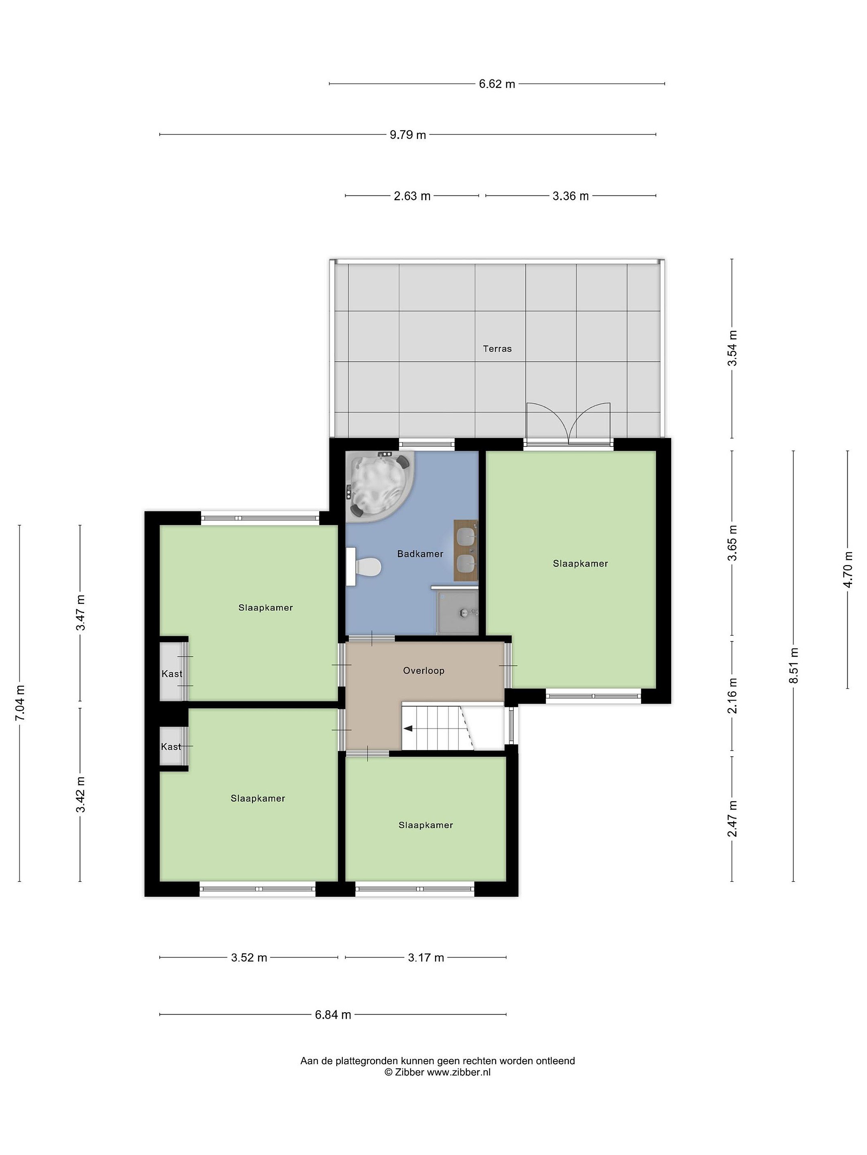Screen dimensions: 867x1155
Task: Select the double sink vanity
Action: (x=466, y=550)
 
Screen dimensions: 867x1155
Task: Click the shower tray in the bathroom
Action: (x=458, y=612)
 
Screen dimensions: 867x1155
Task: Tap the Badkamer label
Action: (x=420, y=554)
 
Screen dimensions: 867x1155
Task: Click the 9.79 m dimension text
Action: (x=408, y=135)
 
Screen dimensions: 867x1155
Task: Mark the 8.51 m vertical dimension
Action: (x=794, y=666)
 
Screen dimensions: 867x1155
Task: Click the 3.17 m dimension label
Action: (x=426, y=958)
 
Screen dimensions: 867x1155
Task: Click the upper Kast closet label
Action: (x=172, y=674)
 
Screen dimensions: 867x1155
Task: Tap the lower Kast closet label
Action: (x=171, y=747)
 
